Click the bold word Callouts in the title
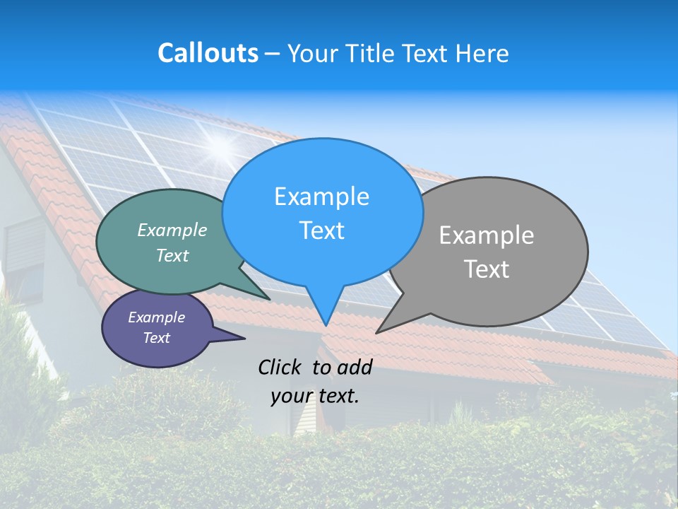tap(208, 53)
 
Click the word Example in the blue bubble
tap(321, 197)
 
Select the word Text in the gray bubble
tap(487, 269)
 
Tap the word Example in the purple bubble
tap(156, 317)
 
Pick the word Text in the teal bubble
tap(172, 255)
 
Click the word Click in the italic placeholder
tap(280, 367)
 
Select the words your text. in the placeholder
tap(315, 396)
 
